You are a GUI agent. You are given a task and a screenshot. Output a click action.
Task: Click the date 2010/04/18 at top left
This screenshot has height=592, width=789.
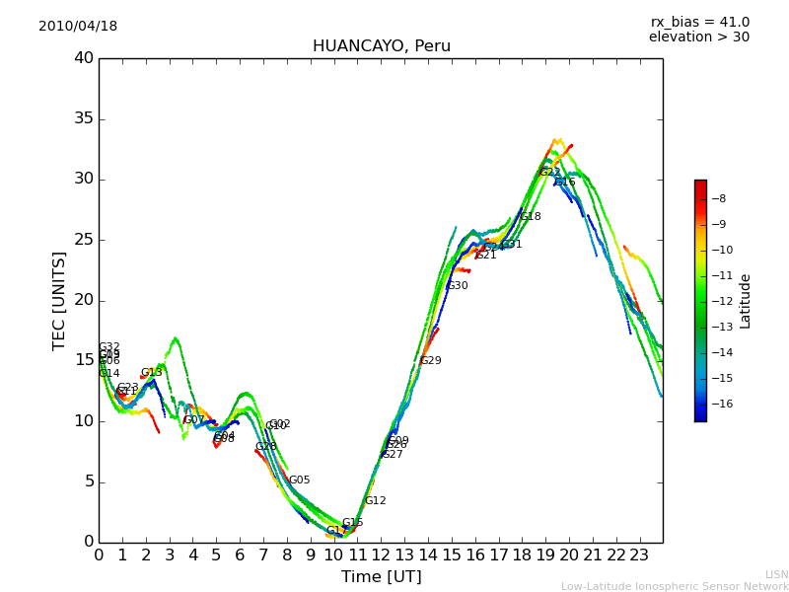[78, 27]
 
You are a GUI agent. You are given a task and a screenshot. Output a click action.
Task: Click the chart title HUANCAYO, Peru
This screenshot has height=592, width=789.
[382, 46]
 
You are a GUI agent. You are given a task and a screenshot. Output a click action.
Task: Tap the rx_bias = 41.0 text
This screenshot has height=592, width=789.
[699, 23]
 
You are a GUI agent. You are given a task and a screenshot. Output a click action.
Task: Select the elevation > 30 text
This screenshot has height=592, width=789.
[699, 37]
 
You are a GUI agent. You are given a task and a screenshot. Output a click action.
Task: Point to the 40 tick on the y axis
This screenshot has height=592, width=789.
[83, 58]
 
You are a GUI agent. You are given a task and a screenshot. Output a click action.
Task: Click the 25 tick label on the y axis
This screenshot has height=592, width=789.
[83, 240]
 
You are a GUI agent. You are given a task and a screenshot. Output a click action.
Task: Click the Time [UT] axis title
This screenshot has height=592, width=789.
[381, 576]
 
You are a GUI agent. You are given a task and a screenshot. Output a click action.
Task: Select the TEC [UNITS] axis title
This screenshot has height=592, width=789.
[59, 300]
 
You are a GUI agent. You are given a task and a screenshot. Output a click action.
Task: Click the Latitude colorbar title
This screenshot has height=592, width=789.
[746, 301]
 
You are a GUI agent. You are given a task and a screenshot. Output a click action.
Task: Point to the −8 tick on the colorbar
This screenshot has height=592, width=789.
[720, 198]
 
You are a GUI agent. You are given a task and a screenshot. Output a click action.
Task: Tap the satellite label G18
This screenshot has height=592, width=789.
[531, 217]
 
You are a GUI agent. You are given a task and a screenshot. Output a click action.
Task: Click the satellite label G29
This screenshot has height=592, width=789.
[431, 361]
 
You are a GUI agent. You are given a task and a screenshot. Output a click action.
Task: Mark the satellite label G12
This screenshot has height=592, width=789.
[376, 501]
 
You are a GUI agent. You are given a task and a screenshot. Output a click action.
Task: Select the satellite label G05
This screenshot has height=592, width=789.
[300, 481]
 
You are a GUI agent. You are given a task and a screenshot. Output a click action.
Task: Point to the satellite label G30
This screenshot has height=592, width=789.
[458, 286]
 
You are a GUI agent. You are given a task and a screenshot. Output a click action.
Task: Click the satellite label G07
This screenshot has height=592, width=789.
[194, 420]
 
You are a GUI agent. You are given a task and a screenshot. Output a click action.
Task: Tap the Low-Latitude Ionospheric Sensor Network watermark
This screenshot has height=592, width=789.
[675, 586]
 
